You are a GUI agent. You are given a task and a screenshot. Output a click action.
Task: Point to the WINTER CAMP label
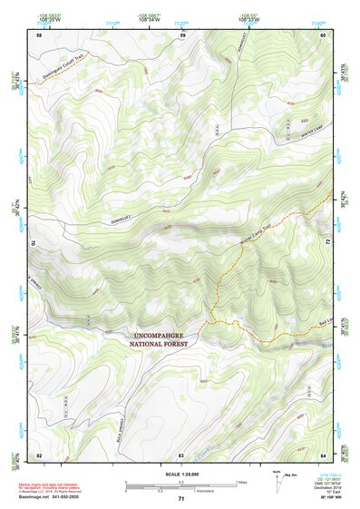click(x=299, y=137)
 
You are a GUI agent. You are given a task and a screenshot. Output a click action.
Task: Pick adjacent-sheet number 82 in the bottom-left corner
click(x=39, y=453)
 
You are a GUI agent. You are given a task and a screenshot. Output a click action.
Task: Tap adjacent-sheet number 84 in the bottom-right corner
click(x=324, y=453)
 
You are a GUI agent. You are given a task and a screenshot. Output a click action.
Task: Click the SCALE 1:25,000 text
click(x=180, y=474)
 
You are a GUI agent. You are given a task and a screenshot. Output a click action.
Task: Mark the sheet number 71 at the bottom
click(x=181, y=500)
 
